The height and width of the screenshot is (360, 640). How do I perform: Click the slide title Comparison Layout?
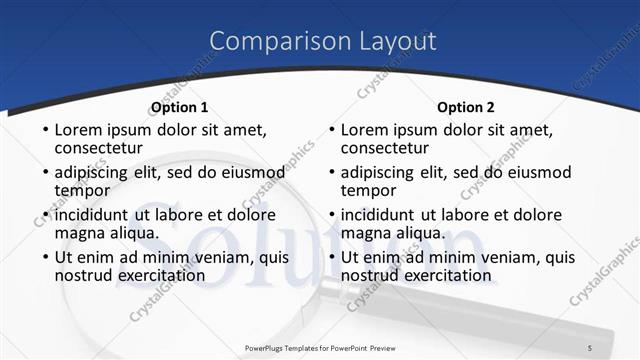point(323,41)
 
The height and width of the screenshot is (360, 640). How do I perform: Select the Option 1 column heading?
point(179,107)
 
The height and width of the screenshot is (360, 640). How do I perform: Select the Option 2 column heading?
point(466,107)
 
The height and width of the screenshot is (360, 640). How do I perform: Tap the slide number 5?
point(590,347)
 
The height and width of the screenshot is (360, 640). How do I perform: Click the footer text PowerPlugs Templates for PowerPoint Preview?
point(320,347)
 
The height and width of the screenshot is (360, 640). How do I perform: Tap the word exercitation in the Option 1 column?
point(148,275)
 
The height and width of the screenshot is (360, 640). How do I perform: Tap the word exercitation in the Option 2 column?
point(435,275)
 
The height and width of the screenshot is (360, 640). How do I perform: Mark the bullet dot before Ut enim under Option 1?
point(44,258)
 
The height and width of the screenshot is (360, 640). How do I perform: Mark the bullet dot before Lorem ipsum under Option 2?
point(331,130)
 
